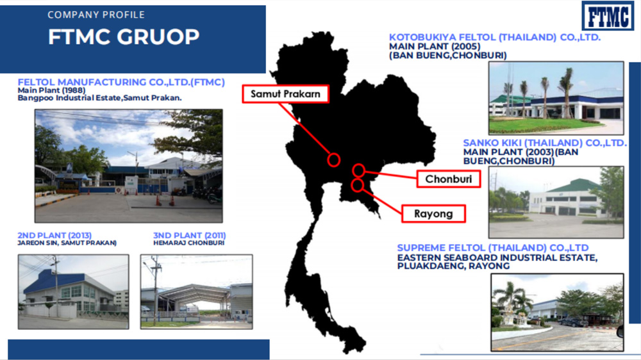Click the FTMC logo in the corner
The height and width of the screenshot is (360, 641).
pyautogui.click(x=608, y=15)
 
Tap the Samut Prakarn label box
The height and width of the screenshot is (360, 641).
pyautogui.click(x=285, y=94)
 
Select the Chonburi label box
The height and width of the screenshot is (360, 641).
pyautogui.click(x=449, y=179)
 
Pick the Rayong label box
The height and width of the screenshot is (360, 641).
pyautogui.click(x=433, y=214)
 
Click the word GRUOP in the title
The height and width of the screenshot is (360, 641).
pyautogui.click(x=158, y=37)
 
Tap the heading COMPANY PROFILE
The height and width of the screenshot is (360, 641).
pyautogui.click(x=96, y=15)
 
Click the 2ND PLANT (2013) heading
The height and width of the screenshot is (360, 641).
pyautogui.click(x=54, y=235)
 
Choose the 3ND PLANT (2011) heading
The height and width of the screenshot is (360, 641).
pyautogui.click(x=189, y=235)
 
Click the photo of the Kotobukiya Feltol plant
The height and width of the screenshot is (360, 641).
pyautogui.click(x=556, y=98)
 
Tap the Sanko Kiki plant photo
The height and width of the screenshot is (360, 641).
pyautogui.click(x=556, y=202)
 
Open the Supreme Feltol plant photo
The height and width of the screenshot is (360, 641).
pyautogui.click(x=557, y=313)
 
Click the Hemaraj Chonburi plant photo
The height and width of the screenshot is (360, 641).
pyautogui.click(x=196, y=291)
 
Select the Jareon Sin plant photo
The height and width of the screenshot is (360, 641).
pyautogui.click(x=73, y=291)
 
